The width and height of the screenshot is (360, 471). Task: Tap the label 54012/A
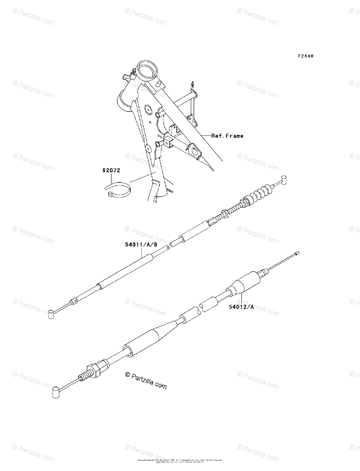(241, 307)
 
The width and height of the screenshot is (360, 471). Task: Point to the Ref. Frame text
(227, 136)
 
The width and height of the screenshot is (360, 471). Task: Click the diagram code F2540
(305, 56)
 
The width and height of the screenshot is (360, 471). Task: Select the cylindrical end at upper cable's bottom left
(51, 314)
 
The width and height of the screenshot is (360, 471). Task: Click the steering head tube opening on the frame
(148, 70)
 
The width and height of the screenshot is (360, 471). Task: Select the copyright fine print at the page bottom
(180, 461)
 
